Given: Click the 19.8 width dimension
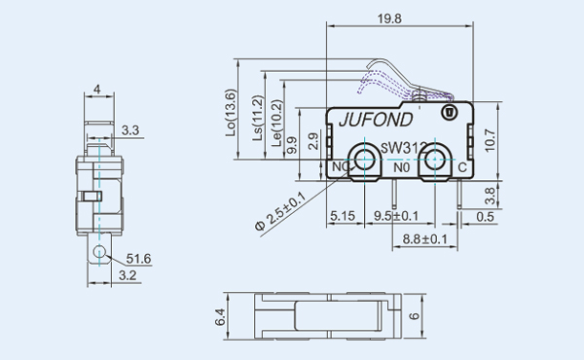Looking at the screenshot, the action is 389,18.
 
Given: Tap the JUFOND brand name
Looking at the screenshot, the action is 376,120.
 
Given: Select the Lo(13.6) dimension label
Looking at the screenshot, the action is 231,113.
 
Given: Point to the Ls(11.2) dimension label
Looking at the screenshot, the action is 258,118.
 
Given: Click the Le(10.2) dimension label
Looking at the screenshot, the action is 276,123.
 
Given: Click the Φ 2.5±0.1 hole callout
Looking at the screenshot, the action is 280,211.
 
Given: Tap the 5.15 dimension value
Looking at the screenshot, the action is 343,216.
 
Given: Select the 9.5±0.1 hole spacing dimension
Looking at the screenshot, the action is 396,216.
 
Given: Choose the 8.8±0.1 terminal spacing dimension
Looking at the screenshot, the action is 425,239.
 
